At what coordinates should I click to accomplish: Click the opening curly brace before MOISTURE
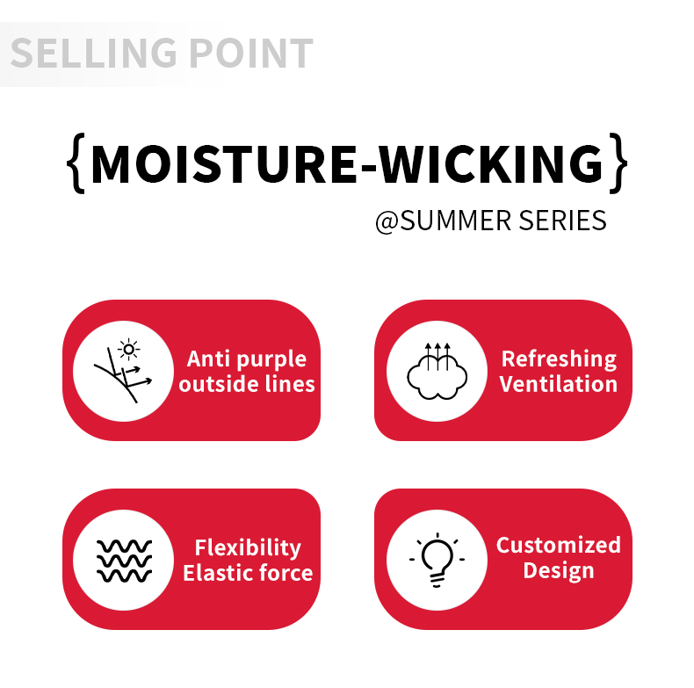click(76, 163)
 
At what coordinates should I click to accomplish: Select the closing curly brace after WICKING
click(619, 163)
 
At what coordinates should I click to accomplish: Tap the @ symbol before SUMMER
click(387, 221)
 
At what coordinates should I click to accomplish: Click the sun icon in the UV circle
click(130, 350)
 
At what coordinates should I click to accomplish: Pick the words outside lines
click(247, 384)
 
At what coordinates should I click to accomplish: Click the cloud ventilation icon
click(437, 371)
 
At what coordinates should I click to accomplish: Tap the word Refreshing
click(559, 358)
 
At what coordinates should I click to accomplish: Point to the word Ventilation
click(559, 384)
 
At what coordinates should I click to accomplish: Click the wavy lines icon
click(124, 560)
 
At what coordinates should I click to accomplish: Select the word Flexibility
click(247, 547)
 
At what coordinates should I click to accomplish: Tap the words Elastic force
click(247, 573)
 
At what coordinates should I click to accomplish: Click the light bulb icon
click(437, 560)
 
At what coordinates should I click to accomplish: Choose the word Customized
click(559, 545)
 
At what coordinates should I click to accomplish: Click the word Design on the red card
click(559, 570)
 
